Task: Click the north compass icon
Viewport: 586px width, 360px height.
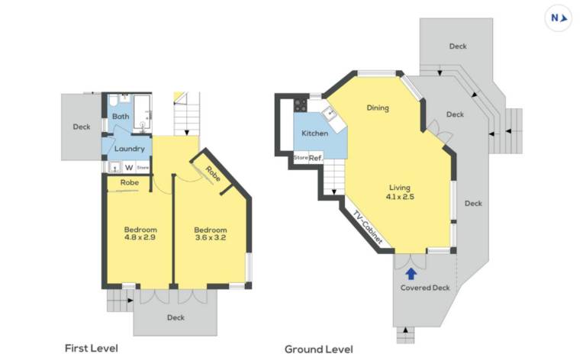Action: (x=559, y=18)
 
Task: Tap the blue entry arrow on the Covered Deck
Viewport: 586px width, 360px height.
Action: (x=411, y=274)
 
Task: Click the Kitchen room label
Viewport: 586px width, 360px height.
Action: (x=314, y=133)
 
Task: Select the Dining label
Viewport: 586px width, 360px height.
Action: (x=378, y=108)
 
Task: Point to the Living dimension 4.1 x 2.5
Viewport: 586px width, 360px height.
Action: (x=400, y=197)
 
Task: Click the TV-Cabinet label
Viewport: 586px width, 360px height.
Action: (x=368, y=228)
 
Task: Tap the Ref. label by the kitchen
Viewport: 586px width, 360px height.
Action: (x=316, y=158)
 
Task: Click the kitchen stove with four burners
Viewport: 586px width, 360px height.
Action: (x=301, y=105)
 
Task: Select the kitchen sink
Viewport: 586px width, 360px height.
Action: (x=330, y=112)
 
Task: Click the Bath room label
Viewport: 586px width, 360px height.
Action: (x=121, y=117)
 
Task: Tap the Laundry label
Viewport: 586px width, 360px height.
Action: (x=129, y=149)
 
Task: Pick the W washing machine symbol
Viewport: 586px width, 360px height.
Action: (x=129, y=167)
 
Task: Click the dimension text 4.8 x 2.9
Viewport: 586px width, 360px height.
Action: (x=140, y=237)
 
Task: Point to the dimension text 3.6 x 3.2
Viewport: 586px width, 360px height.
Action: (x=211, y=237)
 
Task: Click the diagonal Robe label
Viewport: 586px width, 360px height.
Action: (x=213, y=174)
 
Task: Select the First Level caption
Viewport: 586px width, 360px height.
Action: (x=92, y=349)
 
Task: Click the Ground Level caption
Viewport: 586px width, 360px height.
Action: (x=319, y=349)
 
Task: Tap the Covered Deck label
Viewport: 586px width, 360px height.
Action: (x=425, y=288)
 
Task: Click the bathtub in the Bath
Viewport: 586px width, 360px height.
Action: (x=142, y=114)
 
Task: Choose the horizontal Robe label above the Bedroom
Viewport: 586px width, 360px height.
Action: (x=130, y=182)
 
